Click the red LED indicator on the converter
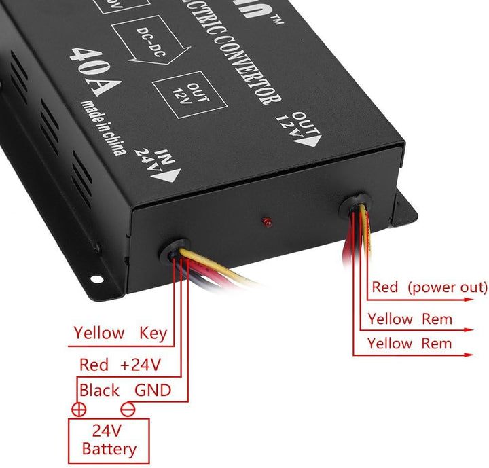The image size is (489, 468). pyautogui.click(x=266, y=222)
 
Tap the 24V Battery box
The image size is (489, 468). pyautogui.click(x=109, y=439)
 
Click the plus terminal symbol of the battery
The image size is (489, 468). pyautogui.click(x=79, y=410)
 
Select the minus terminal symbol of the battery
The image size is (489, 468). pyautogui.click(x=126, y=410)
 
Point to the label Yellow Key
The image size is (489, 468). pyautogui.click(x=120, y=333)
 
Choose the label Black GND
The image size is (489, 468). pyautogui.click(x=125, y=391)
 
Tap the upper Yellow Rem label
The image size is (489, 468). pyautogui.click(x=410, y=319)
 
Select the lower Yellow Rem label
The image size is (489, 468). pyautogui.click(x=410, y=344)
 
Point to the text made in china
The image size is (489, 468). pyautogui.click(x=103, y=128)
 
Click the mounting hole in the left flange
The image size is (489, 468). pyautogui.click(x=96, y=278)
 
